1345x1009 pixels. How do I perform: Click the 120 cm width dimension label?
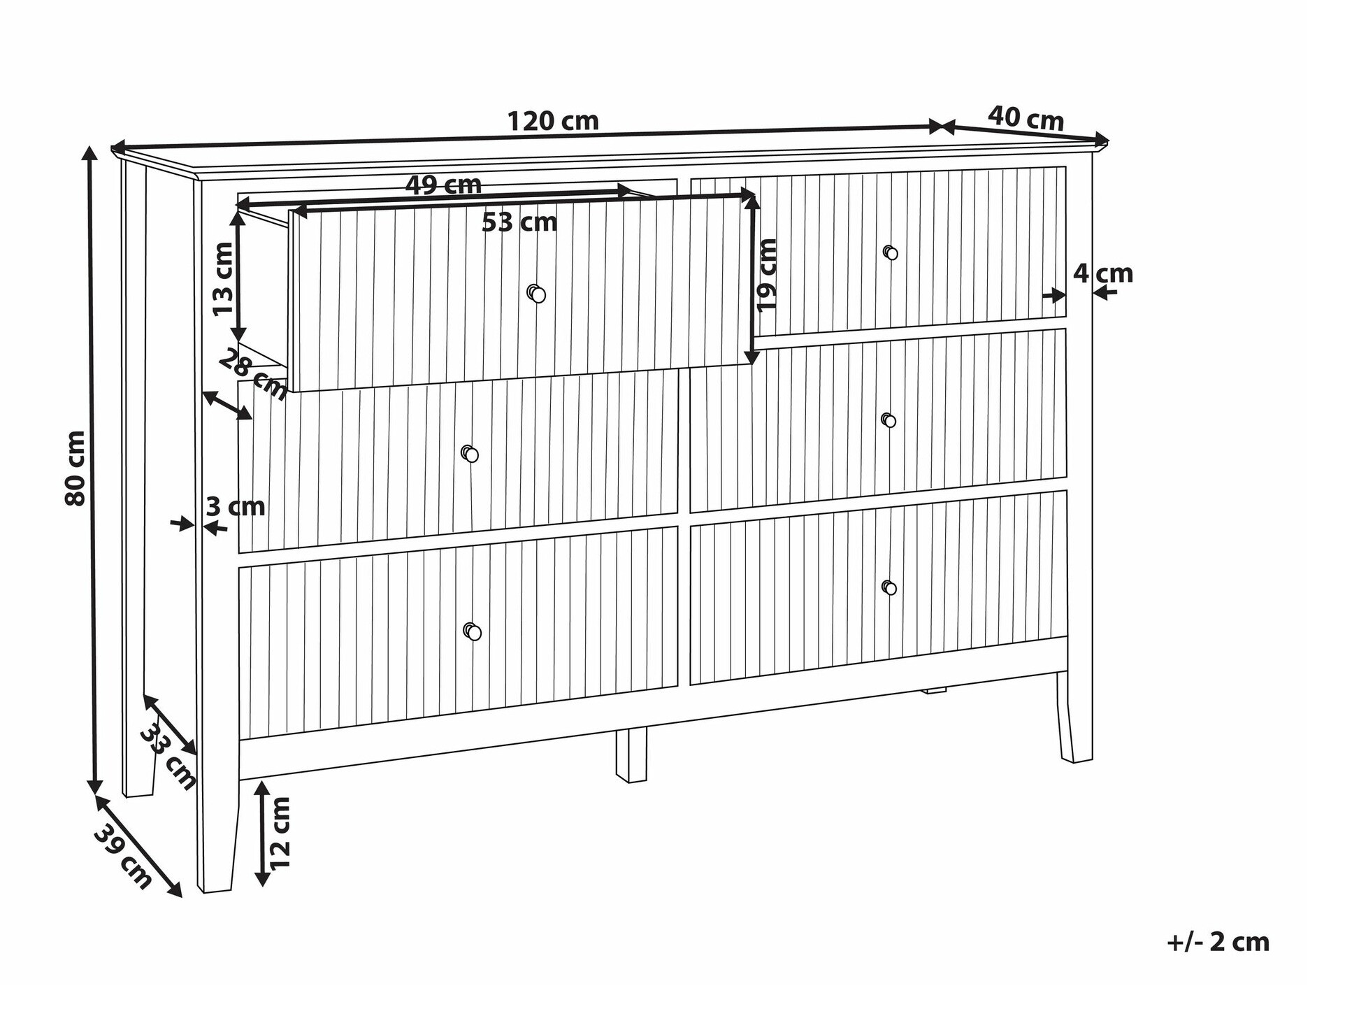553,121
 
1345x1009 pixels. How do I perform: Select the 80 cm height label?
74,468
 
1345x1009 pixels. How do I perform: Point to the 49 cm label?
444,185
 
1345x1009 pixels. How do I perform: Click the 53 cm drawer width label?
520,222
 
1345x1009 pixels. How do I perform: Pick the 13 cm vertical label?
223,279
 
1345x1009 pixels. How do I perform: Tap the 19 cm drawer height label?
767,275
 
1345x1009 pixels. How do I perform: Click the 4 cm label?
1103,273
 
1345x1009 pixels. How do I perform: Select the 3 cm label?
236,506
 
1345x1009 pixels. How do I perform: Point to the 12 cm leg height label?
280,833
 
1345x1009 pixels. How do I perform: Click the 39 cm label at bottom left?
123,857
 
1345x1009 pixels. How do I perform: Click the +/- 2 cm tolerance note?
1218,942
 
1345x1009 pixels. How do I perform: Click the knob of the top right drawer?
890,252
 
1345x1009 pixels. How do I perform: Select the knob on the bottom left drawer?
473,631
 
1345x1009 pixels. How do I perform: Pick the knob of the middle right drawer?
889,420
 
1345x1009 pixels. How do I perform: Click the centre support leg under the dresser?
631,755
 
